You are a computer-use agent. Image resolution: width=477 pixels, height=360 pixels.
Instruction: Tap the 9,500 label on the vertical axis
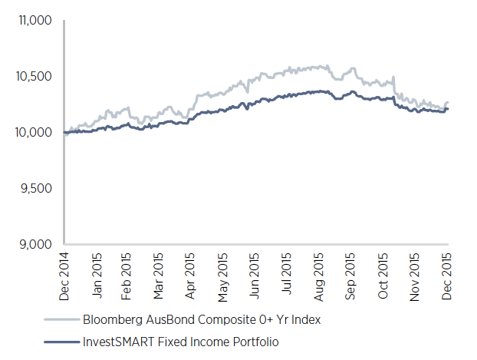coord(35,189)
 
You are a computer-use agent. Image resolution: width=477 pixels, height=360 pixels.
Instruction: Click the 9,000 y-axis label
coord(35,245)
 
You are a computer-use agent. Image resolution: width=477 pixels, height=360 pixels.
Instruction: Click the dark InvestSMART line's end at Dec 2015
coord(448,109)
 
